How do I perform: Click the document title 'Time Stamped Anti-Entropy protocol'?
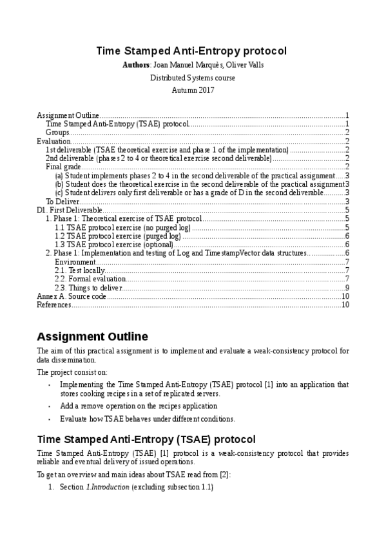point(191,50)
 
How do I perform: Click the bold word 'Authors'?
point(135,66)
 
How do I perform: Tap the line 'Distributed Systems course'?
point(193,78)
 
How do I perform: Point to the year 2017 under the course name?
point(204,90)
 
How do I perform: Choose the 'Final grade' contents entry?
point(63,167)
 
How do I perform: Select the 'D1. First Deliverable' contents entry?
point(69,210)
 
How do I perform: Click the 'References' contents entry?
point(53,305)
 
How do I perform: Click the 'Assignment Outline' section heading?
point(92,337)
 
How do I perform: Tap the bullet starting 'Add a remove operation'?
point(139,406)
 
